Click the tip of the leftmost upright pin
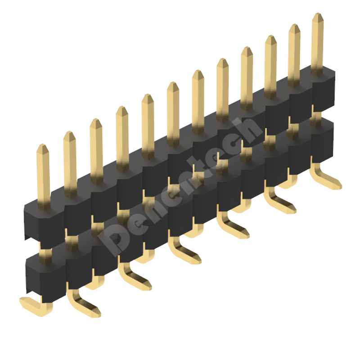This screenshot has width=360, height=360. (x=43, y=144)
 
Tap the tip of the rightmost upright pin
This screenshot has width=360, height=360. (x=318, y=13)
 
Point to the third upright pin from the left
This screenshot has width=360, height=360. (x=96, y=152)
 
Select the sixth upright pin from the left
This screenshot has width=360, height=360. (x=173, y=114)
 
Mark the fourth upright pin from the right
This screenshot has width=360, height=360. (x=247, y=78)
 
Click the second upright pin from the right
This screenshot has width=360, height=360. (x=294, y=55)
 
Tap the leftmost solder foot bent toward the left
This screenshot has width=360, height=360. (x=36, y=306)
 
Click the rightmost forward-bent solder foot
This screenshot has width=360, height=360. (x=325, y=176)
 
